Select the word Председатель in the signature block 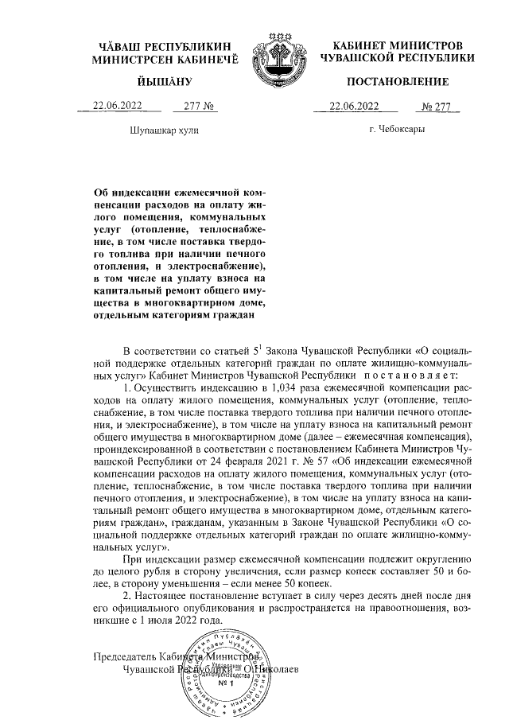click(x=123, y=657)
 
